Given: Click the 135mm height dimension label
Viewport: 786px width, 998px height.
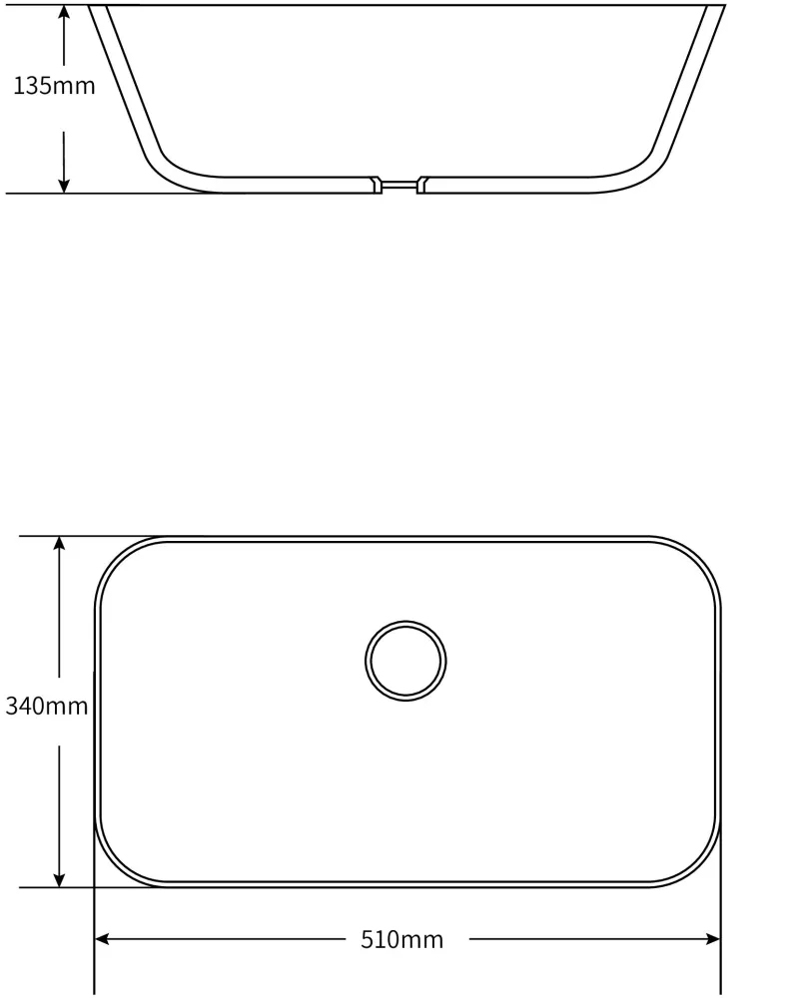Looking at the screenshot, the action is [x=54, y=85].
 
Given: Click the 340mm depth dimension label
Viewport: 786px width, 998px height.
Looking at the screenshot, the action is [x=47, y=706].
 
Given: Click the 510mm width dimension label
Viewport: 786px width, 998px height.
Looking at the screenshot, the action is [x=401, y=939].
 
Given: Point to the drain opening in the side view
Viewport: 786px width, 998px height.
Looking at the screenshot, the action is [x=399, y=185].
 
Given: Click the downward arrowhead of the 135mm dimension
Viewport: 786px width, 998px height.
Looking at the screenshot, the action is [x=64, y=185].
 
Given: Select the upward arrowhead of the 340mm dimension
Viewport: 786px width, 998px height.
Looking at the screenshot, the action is [x=59, y=544].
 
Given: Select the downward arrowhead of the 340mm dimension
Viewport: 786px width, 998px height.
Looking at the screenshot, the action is [x=59, y=879].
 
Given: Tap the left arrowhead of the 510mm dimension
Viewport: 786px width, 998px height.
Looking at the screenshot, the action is [x=102, y=939].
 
